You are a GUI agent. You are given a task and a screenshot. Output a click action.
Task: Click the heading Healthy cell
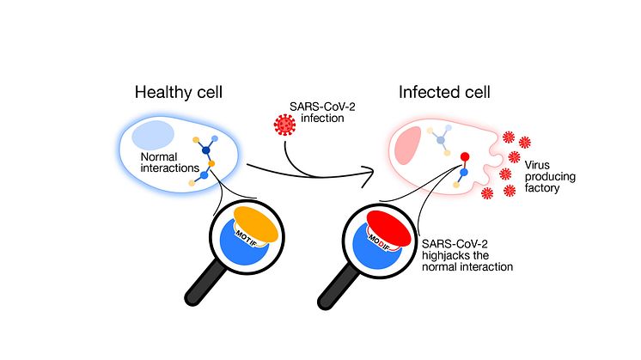[x=177, y=91]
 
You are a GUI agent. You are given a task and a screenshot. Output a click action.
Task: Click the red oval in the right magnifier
[x=388, y=224]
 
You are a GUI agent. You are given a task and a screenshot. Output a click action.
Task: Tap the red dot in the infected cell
[x=465, y=157]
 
